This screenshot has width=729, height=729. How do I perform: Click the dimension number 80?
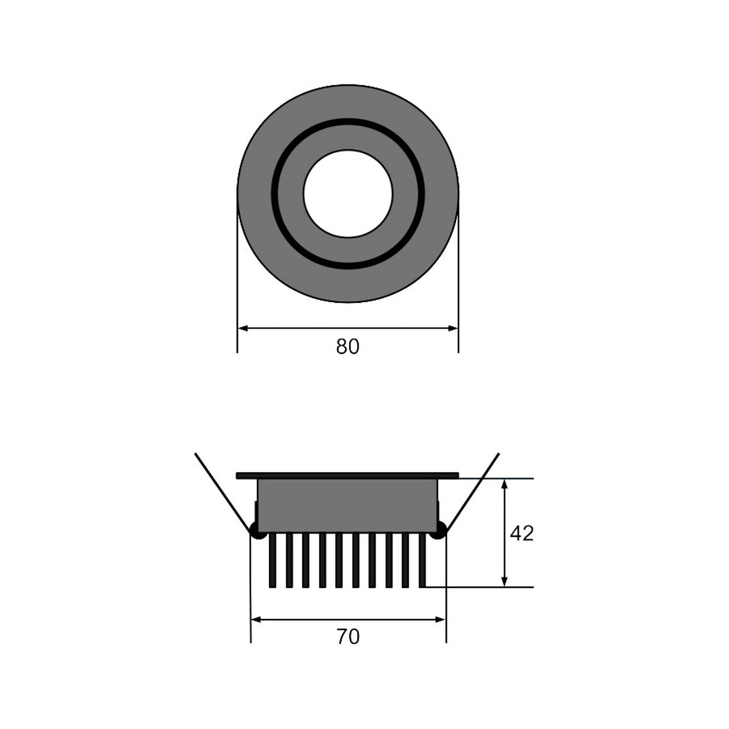[x=347, y=347]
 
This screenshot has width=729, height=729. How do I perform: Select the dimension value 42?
[x=522, y=534]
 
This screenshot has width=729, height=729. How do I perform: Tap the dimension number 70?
[x=347, y=637]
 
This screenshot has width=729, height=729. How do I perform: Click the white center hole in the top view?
[x=347, y=194]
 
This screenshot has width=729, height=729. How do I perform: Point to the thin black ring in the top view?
[x=275, y=194]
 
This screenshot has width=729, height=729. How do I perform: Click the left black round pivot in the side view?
[x=257, y=532]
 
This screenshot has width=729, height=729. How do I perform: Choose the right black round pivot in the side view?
[x=440, y=532]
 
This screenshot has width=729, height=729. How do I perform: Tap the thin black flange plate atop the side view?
[x=347, y=475]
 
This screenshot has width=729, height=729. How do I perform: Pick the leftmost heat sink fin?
[x=273, y=560]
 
